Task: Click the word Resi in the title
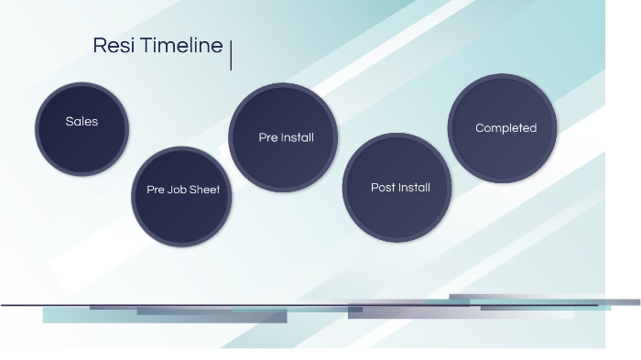pyautogui.click(x=107, y=46)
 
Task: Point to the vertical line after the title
pyautogui.click(x=231, y=55)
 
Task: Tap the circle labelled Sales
pyautogui.click(x=81, y=128)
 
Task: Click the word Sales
pyautogui.click(x=81, y=121)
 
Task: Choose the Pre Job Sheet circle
pyautogui.click(x=183, y=197)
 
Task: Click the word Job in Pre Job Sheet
pyautogui.click(x=178, y=191)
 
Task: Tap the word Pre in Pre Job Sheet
pyautogui.click(x=156, y=191)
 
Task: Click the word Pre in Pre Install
pyautogui.click(x=267, y=137)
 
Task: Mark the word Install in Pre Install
pyautogui.click(x=298, y=137)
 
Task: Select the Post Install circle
pyautogui.click(x=397, y=188)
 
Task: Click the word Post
pyautogui.click(x=383, y=188)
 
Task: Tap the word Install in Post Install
pyautogui.click(x=414, y=188)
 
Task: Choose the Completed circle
pyautogui.click(x=502, y=128)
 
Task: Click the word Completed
pyautogui.click(x=505, y=128)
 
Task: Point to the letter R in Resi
pyautogui.click(x=99, y=46)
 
